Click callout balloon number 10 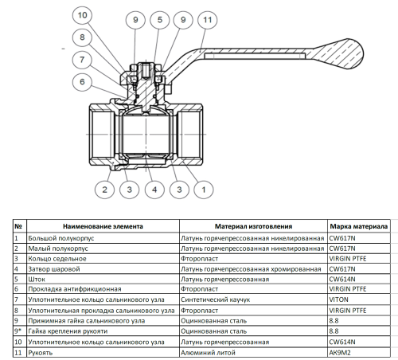coord(82,15)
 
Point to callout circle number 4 coord(154,189)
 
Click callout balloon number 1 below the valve coord(203,189)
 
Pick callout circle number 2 coord(103,189)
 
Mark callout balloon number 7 coord(82,58)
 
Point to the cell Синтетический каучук coord(214,299)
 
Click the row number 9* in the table coord(18,331)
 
